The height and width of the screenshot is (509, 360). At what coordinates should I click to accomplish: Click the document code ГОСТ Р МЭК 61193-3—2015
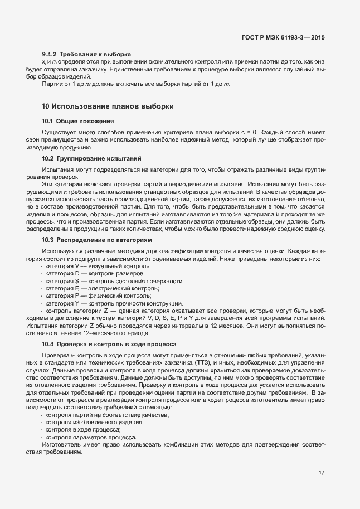[283, 37]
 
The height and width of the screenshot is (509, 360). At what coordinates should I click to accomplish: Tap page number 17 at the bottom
[322, 473]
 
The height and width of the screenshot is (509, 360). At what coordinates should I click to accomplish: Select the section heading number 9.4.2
[50, 53]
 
